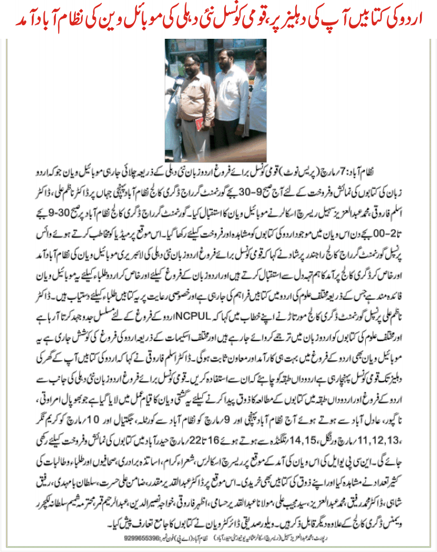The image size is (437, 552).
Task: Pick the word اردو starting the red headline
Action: (415, 19)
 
